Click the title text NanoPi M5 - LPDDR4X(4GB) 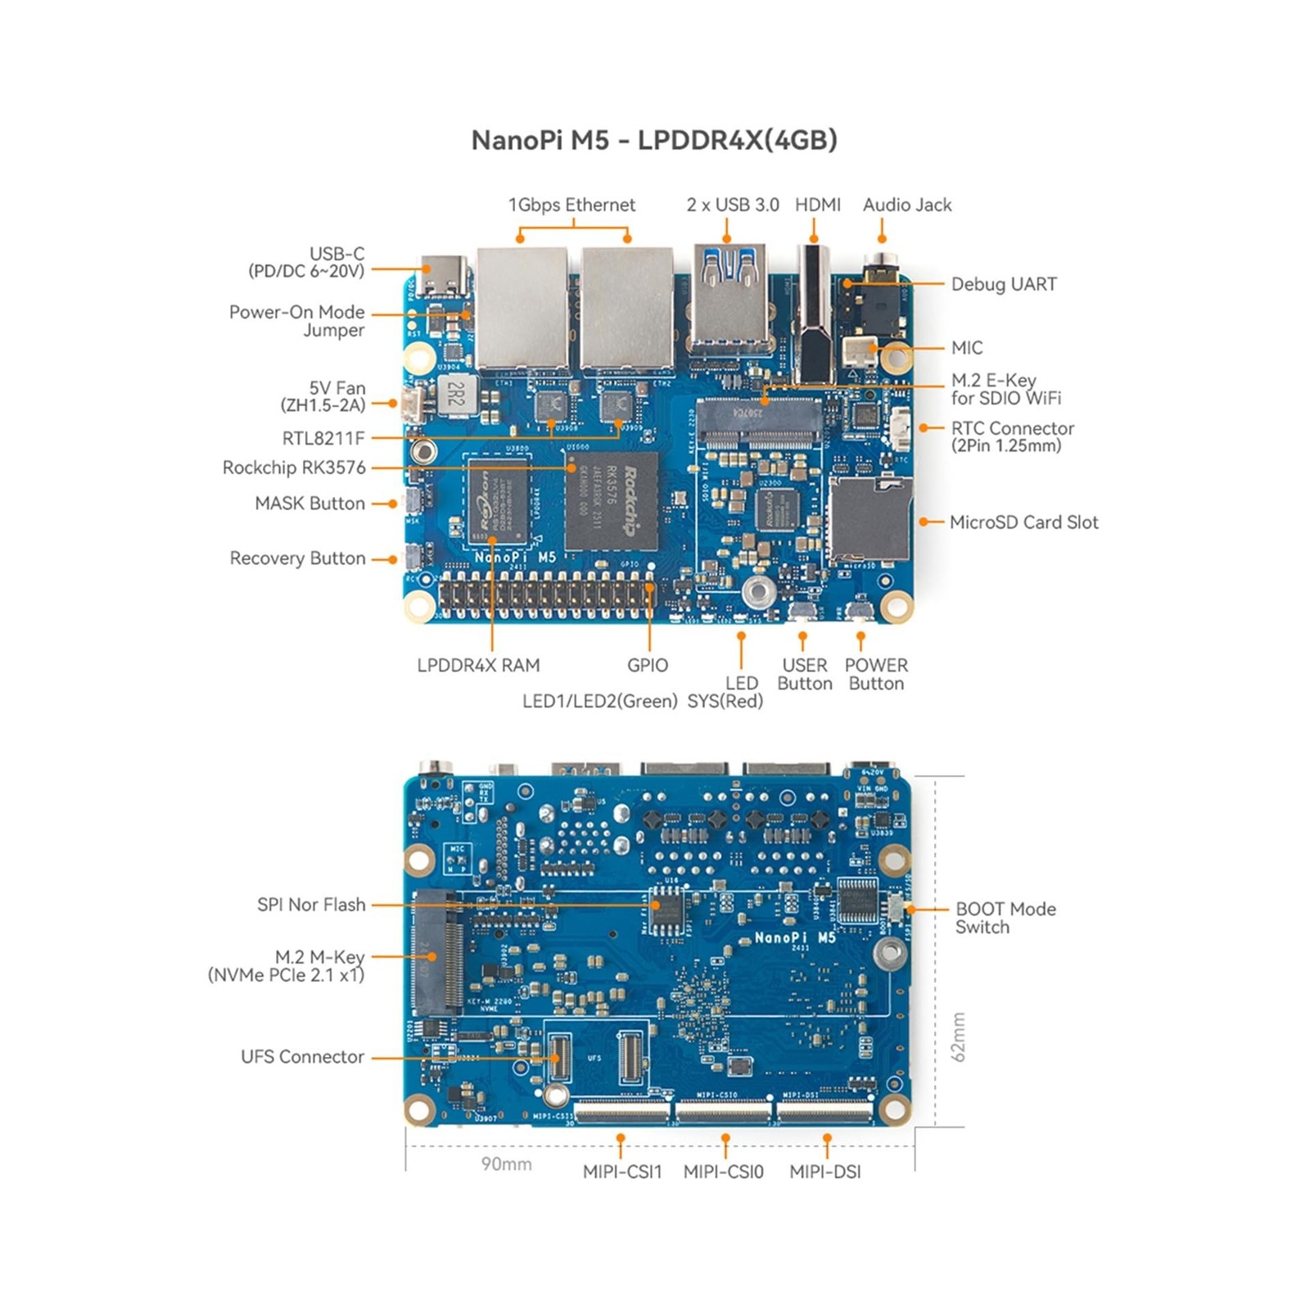(654, 140)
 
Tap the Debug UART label (1003, 284)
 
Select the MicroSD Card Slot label (1023, 522)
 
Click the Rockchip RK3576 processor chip (612, 501)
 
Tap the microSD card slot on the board (870, 520)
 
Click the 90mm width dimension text (506, 1164)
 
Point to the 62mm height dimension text (958, 1037)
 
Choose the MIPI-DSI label (824, 1172)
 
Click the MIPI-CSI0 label (723, 1172)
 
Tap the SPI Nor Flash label (311, 905)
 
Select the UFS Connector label (302, 1057)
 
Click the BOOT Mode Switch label (1005, 918)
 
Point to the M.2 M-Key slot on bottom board (437, 953)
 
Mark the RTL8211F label (323, 438)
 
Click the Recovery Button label (297, 558)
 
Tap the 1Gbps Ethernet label (571, 205)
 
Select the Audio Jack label (906, 205)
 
